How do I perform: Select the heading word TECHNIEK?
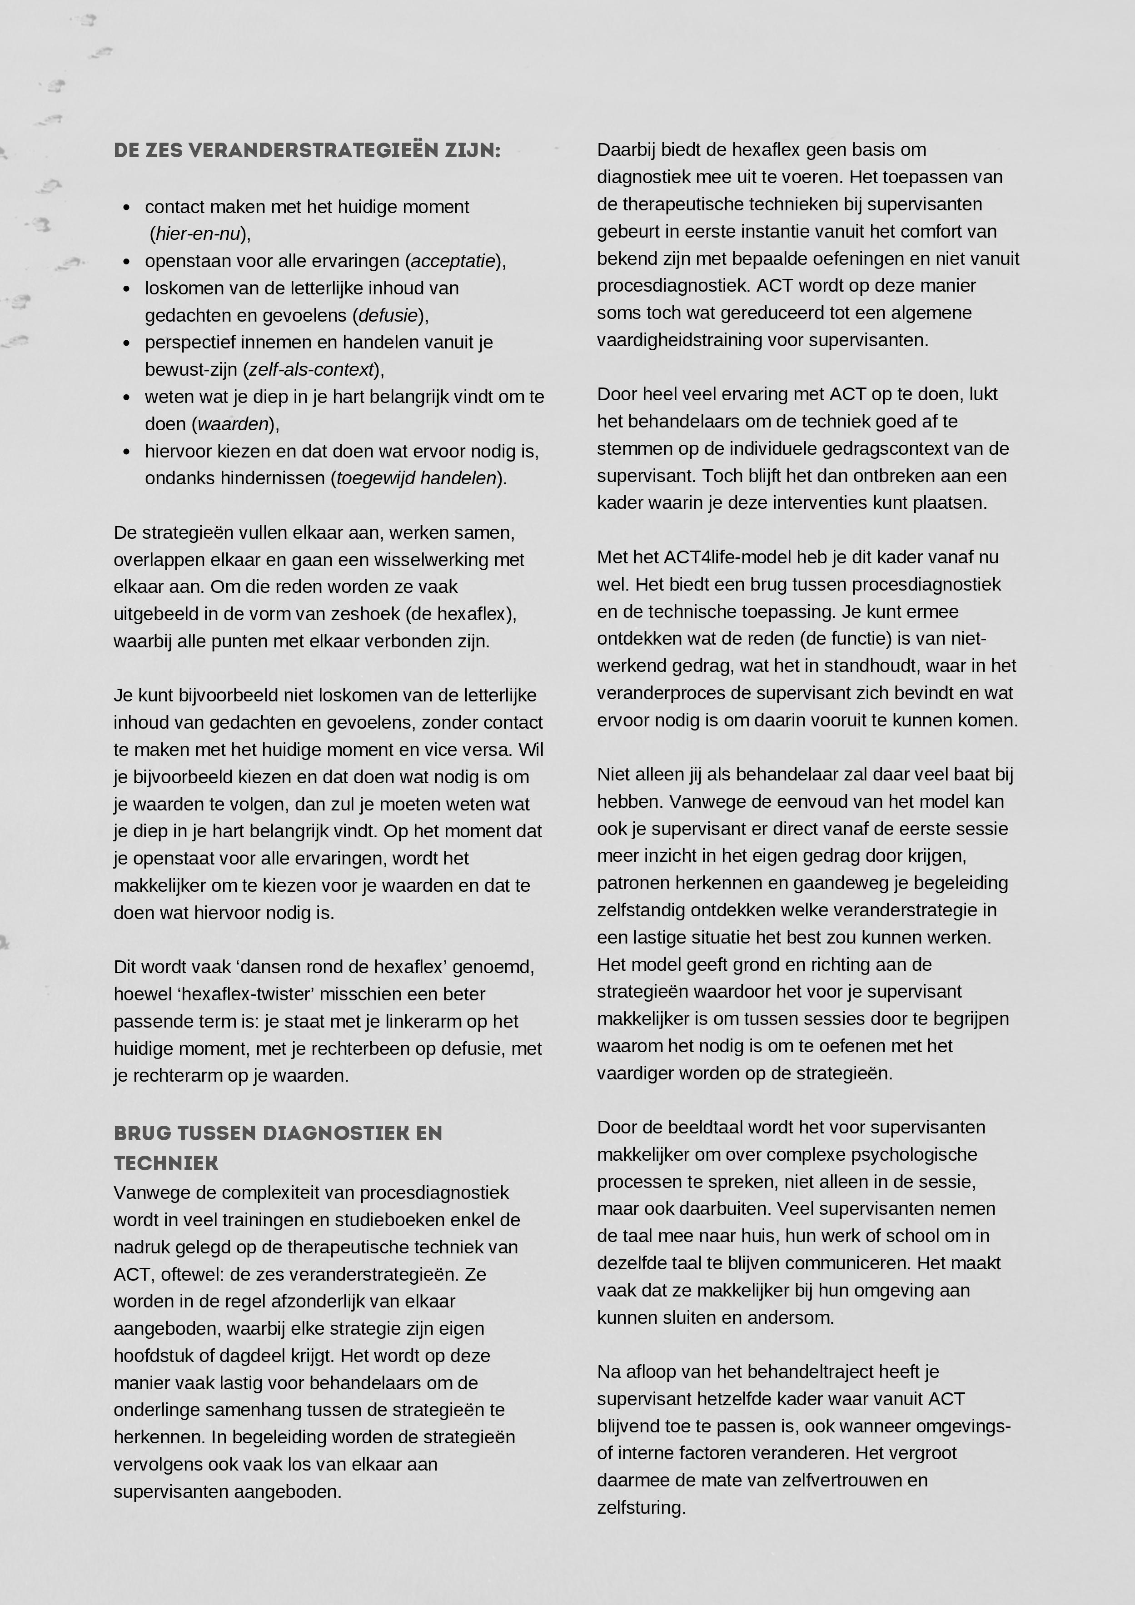click(x=166, y=1163)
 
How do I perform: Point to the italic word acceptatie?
click(x=453, y=261)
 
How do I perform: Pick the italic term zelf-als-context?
click(x=311, y=369)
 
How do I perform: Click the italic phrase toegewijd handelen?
click(x=416, y=478)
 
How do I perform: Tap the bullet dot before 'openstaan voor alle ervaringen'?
click(x=127, y=261)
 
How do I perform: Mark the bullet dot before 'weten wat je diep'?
click(x=127, y=397)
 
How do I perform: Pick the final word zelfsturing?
click(x=641, y=1507)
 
